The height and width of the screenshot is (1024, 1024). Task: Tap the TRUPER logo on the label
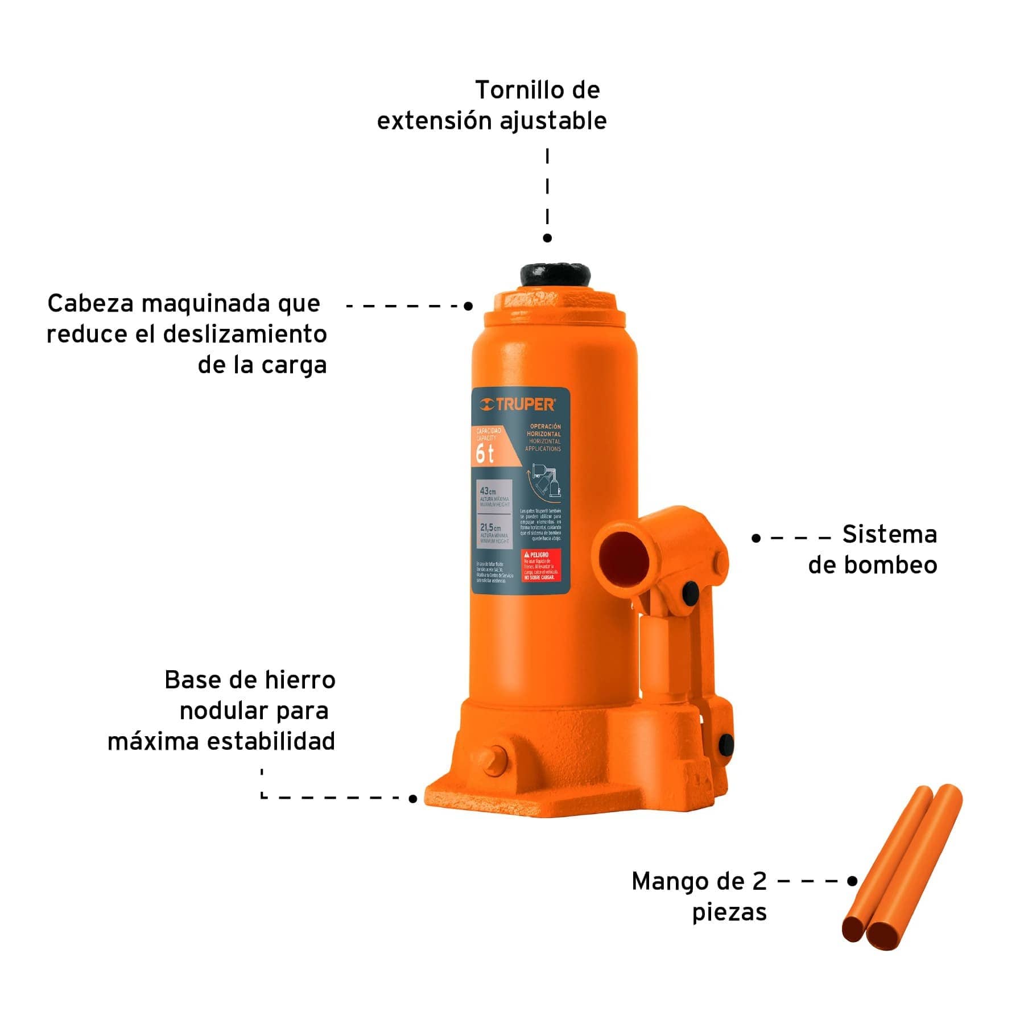[x=518, y=404]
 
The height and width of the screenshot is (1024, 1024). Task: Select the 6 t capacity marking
[x=485, y=453]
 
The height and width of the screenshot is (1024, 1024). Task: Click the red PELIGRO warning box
[x=540, y=565]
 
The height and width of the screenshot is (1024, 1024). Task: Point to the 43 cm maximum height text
[x=488, y=490]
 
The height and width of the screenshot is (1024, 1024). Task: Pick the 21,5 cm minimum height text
[x=490, y=528]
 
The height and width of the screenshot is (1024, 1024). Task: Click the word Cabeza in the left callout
[x=91, y=303]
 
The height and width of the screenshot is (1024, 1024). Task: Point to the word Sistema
[x=889, y=535]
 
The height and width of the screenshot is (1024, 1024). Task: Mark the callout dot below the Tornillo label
[x=547, y=238]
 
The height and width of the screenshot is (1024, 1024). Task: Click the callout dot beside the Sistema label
[x=755, y=538]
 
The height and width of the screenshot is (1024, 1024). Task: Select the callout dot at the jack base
[x=413, y=799]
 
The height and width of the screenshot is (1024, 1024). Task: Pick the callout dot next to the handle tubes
[x=852, y=881]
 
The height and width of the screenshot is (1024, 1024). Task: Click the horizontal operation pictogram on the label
[x=545, y=482]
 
